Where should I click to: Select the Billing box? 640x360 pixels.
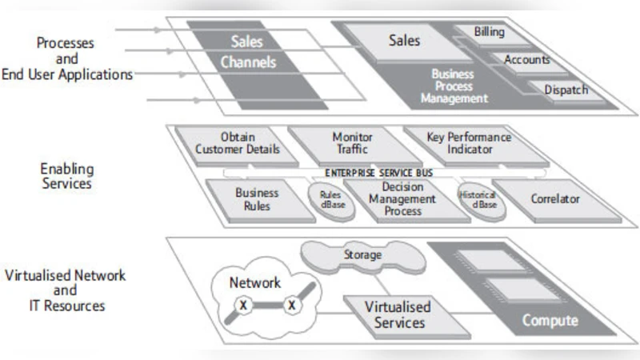(489, 33)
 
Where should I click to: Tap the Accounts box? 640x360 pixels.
(526, 60)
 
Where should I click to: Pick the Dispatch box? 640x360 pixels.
(566, 90)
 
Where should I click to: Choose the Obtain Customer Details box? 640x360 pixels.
(238, 143)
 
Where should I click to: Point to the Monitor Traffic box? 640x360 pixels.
(352, 143)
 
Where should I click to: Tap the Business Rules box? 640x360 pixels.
(257, 199)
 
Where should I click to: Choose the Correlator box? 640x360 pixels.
(554, 198)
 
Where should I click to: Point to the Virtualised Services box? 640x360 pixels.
(398, 314)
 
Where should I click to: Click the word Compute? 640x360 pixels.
(550, 321)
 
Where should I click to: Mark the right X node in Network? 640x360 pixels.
(291, 306)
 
